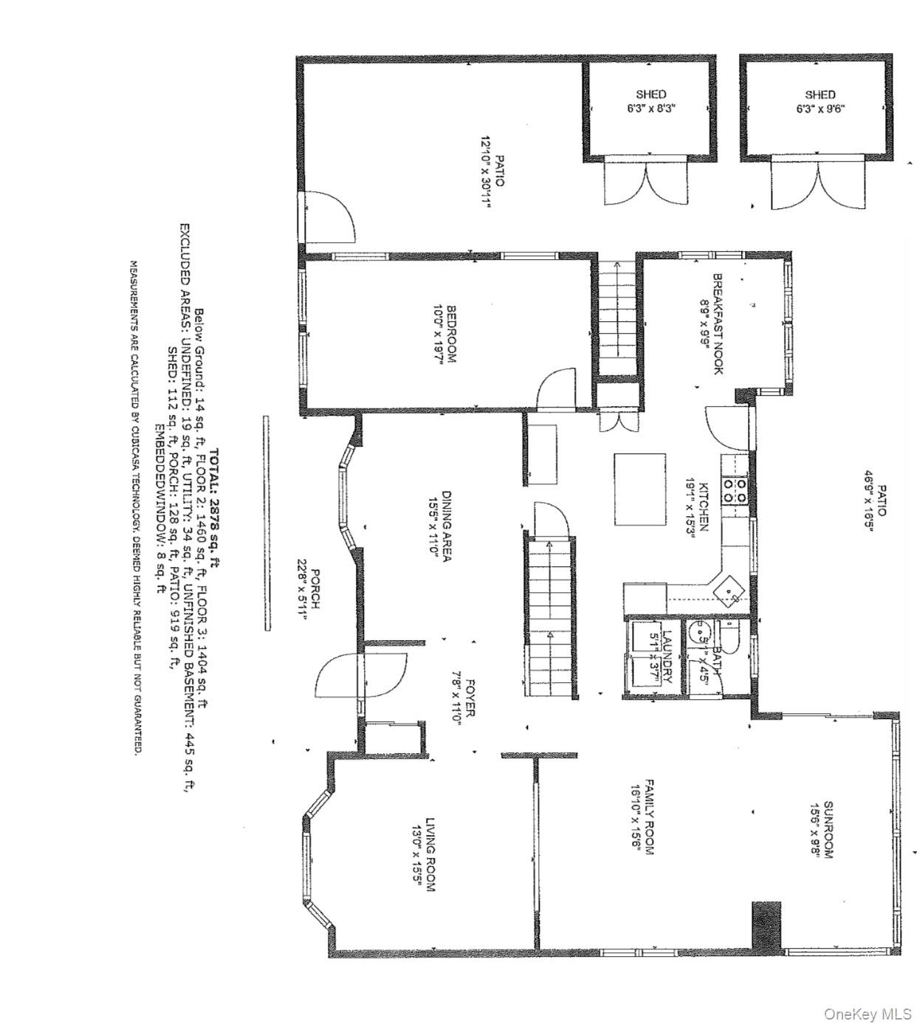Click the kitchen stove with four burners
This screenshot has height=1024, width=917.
click(x=735, y=491)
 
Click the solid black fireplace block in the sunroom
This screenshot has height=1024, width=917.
click(x=766, y=924)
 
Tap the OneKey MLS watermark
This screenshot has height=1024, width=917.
click(x=868, y=1013)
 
